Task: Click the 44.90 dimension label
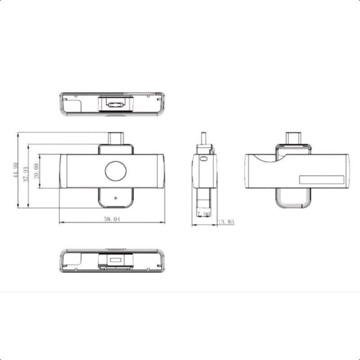[x=16, y=170]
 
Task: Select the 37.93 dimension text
[x=26, y=174]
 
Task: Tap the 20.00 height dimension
[x=36, y=171]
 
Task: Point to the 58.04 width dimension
[x=112, y=219]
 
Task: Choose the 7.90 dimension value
[x=204, y=214]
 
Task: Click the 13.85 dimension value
[x=226, y=222]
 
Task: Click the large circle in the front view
[x=116, y=171]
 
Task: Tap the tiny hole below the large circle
[x=116, y=198]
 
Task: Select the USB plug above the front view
[x=116, y=138]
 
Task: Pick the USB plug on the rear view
[x=293, y=138]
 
